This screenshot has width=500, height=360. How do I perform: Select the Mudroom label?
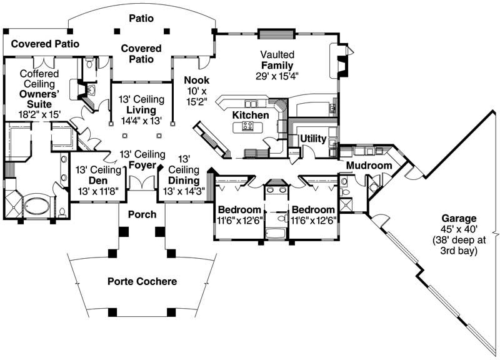[x=369, y=166]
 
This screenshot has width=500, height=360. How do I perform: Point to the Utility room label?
[x=312, y=138]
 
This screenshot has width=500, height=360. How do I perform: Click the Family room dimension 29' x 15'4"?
[x=277, y=76]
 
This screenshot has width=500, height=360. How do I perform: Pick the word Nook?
[x=196, y=80]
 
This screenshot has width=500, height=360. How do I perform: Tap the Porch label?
[x=141, y=214]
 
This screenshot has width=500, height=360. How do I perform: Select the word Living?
[x=141, y=110]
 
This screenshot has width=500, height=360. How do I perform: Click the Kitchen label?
[x=251, y=116]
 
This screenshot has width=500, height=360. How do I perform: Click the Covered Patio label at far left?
[x=36, y=44]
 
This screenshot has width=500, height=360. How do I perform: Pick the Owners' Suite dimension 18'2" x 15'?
[x=39, y=115]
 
